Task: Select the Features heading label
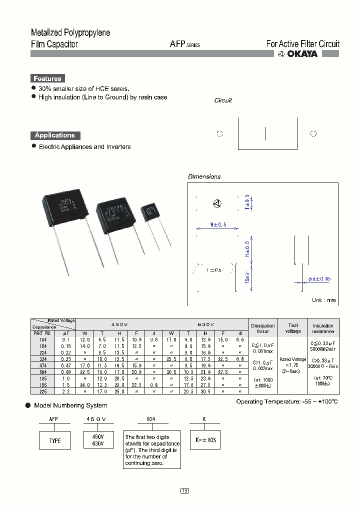click(x=47, y=78)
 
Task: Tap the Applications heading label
click(x=55, y=135)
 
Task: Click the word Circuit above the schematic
click(x=223, y=100)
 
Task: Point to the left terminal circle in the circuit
click(x=219, y=134)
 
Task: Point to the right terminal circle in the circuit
click(x=313, y=134)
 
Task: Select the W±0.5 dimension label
click(x=218, y=224)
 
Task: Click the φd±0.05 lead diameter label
click(x=319, y=278)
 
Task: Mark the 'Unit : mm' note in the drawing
click(x=324, y=300)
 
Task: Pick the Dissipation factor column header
click(x=262, y=328)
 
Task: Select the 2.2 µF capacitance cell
click(x=66, y=391)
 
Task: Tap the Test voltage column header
click(x=292, y=328)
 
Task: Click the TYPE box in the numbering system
click(x=55, y=440)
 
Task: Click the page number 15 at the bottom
click(x=184, y=491)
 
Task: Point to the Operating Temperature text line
click(x=287, y=402)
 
